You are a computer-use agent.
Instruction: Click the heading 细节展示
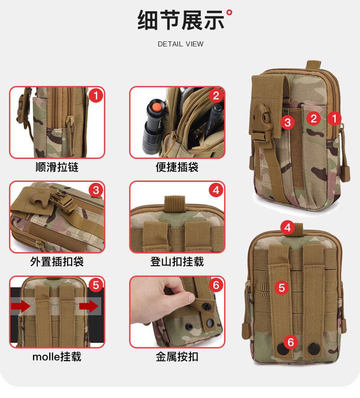[181, 20]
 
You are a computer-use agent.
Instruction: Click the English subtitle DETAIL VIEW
[180, 44]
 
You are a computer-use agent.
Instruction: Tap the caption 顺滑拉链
[57, 167]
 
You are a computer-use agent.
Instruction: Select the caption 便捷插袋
[177, 167]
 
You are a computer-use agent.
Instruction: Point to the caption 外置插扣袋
[57, 262]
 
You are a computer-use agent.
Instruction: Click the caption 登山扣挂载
[177, 262]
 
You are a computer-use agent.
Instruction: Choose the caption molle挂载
[57, 357]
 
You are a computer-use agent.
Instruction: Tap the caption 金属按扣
[177, 357]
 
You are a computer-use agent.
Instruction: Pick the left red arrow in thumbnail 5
[20, 306]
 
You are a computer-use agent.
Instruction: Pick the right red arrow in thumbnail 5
[89, 306]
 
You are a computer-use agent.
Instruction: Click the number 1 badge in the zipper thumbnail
[96, 96]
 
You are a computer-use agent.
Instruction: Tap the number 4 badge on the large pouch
[288, 228]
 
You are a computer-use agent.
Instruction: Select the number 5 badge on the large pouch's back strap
[282, 288]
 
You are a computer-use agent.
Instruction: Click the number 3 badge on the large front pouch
[288, 122]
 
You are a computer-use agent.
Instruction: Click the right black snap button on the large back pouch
[315, 348]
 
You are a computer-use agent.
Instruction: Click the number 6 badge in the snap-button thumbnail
[216, 285]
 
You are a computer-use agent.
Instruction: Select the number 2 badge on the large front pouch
[314, 118]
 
